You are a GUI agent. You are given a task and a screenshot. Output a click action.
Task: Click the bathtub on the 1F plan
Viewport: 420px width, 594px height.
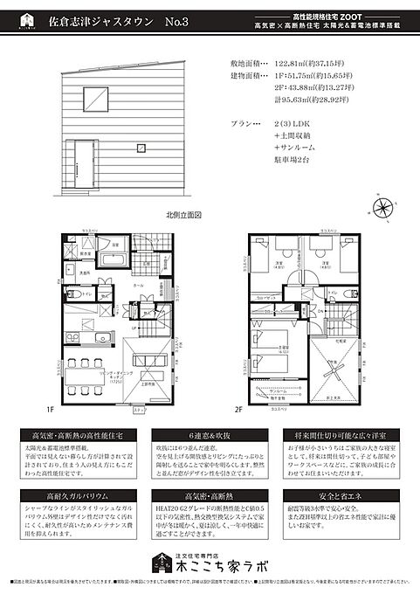coord(112,260)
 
